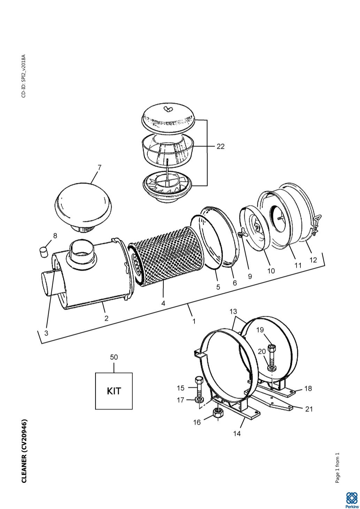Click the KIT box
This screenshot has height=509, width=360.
[114, 391]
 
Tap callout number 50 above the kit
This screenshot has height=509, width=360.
[114, 357]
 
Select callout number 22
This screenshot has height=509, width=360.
[221, 146]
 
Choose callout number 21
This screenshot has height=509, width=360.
[309, 409]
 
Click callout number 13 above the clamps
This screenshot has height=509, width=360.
[233, 311]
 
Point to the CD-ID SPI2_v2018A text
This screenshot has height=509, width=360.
[24, 76]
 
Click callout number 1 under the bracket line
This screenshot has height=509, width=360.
[194, 321]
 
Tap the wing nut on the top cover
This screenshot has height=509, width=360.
[168, 108]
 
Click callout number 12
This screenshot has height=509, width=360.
[313, 260]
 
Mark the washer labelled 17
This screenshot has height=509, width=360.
[199, 400]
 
